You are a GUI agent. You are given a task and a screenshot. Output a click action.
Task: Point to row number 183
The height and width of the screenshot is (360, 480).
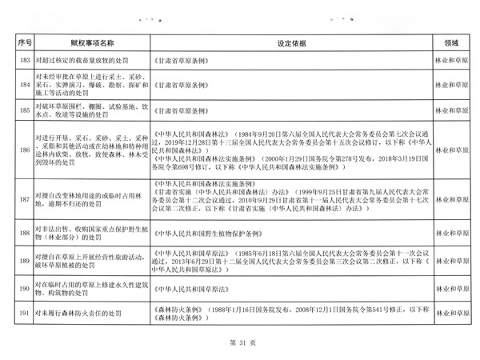[x=23, y=61]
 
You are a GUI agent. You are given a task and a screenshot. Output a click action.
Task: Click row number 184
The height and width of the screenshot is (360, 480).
[x=23, y=82]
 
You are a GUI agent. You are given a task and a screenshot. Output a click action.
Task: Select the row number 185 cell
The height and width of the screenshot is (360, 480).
[x=23, y=110]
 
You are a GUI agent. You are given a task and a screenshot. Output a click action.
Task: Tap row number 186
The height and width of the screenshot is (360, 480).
[x=23, y=149]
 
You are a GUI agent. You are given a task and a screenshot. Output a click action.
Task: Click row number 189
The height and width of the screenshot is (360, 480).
[x=23, y=260]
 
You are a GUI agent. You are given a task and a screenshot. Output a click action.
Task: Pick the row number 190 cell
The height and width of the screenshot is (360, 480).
[x=23, y=288]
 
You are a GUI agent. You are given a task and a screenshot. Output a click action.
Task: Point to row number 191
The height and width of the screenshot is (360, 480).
[x=23, y=314]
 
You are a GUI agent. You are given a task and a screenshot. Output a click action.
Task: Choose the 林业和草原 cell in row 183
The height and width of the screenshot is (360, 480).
[x=450, y=61]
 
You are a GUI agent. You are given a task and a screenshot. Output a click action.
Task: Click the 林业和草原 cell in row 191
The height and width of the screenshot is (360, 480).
[x=450, y=314]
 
